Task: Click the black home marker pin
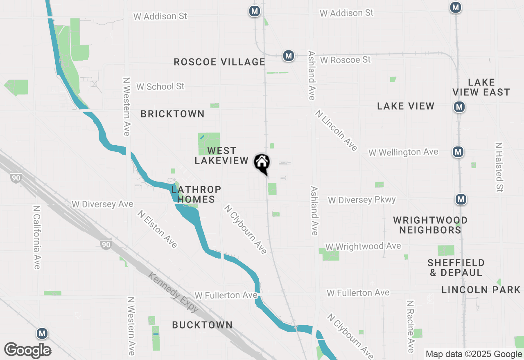[x=262, y=163]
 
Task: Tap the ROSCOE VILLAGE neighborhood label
[x=219, y=62]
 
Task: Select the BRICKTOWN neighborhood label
[x=172, y=114]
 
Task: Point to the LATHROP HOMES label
[x=196, y=194]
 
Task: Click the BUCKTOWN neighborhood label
[x=202, y=325]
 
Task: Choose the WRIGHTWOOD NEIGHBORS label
[x=430, y=225]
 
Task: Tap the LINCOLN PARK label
[x=481, y=290]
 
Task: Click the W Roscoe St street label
[x=345, y=60]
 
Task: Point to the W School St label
[x=160, y=86]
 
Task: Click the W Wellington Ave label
[x=403, y=152]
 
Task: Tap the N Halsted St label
[x=499, y=167]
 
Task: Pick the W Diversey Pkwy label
[x=362, y=200]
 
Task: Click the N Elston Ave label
[x=157, y=229]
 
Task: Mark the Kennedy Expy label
[x=173, y=292]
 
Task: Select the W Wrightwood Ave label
[x=363, y=246]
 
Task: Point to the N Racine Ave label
[x=410, y=326]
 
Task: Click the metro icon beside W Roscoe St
[x=289, y=55]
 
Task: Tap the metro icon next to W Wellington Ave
[x=458, y=152]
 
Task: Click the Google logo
[x=27, y=351]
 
